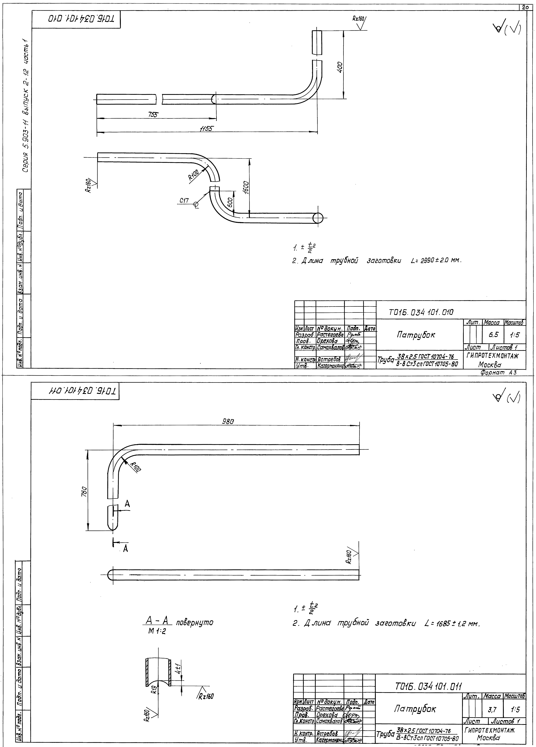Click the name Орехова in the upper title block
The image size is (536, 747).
pyautogui.click(x=326, y=341)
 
